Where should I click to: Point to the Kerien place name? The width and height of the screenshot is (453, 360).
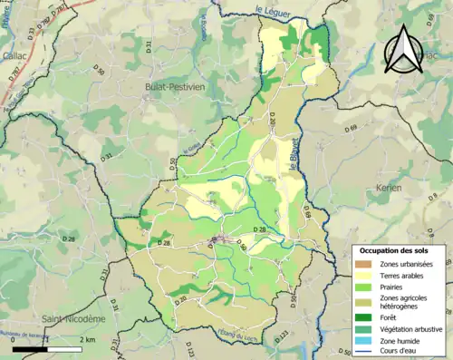(x=387, y=187)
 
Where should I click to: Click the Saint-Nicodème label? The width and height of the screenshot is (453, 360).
(x=72, y=319)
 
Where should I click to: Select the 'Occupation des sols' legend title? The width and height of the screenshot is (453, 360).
(x=395, y=250)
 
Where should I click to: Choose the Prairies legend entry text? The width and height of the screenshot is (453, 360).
(x=390, y=286)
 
